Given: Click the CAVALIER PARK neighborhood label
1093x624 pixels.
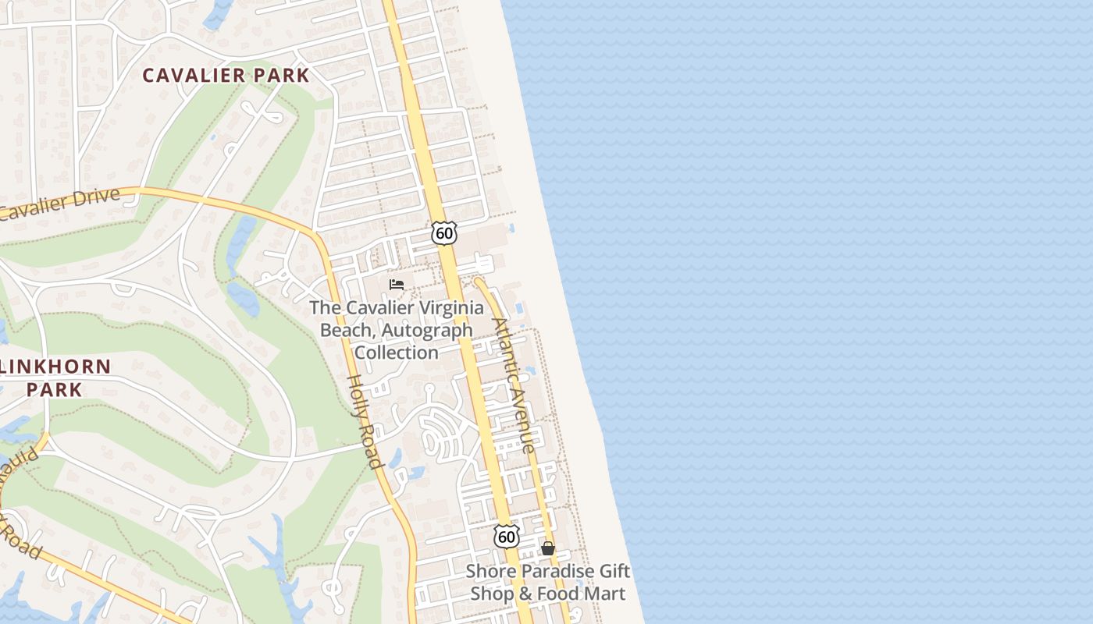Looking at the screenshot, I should tap(226, 76).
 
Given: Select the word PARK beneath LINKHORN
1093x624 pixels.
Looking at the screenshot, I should tap(55, 389).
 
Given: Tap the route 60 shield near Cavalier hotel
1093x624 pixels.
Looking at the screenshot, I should tap(443, 232).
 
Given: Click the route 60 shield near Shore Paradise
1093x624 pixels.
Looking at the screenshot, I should tap(506, 536).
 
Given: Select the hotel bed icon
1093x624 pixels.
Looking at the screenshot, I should tap(397, 285).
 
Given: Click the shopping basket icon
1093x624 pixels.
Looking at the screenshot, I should tap(548, 548).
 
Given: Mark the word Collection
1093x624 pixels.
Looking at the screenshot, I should tap(397, 353).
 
